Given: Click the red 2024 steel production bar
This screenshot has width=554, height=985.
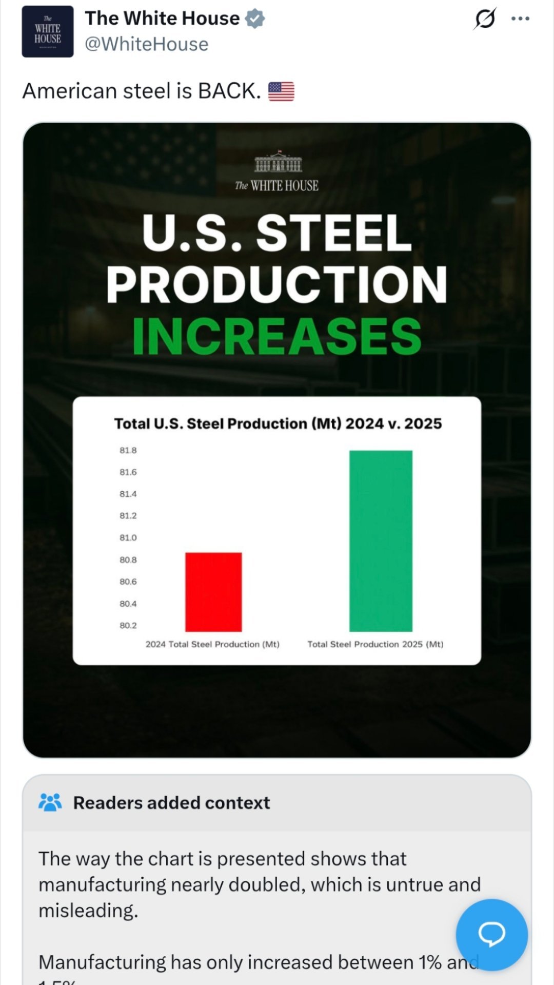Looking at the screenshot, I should [x=213, y=592].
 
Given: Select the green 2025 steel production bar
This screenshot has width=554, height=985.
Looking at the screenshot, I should [x=381, y=540].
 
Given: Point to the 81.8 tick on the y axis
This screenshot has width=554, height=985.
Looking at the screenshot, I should [x=128, y=450].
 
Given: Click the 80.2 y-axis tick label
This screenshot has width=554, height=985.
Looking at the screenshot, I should [x=128, y=625].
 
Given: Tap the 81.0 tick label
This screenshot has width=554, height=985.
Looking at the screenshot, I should [x=128, y=537].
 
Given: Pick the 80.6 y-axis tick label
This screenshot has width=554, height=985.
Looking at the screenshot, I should [x=128, y=582].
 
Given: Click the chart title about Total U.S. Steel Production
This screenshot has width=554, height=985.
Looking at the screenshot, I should [x=278, y=423].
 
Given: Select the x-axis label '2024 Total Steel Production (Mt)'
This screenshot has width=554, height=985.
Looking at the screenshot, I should [x=212, y=644].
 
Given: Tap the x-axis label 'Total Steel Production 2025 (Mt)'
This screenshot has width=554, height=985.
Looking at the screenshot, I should [x=375, y=644].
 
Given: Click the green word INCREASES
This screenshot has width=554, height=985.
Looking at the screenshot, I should [x=277, y=336].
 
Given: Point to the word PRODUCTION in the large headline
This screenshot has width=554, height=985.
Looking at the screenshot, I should [x=277, y=285].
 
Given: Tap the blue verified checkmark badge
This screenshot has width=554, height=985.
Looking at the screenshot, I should [x=255, y=18].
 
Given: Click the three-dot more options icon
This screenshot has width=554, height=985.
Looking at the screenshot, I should [x=520, y=19].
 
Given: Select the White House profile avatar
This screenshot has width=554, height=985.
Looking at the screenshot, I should [x=48, y=32].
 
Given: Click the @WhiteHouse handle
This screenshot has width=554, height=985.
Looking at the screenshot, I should [x=146, y=44].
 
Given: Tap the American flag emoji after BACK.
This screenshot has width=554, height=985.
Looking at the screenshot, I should [x=281, y=91].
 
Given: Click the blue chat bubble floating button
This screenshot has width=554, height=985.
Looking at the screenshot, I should [x=491, y=934].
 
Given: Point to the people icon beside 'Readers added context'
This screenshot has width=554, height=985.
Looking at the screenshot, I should [x=50, y=802].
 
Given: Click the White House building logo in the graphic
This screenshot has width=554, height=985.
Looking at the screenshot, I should [x=278, y=162].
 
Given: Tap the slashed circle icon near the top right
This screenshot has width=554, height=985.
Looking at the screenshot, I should [x=485, y=19].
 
